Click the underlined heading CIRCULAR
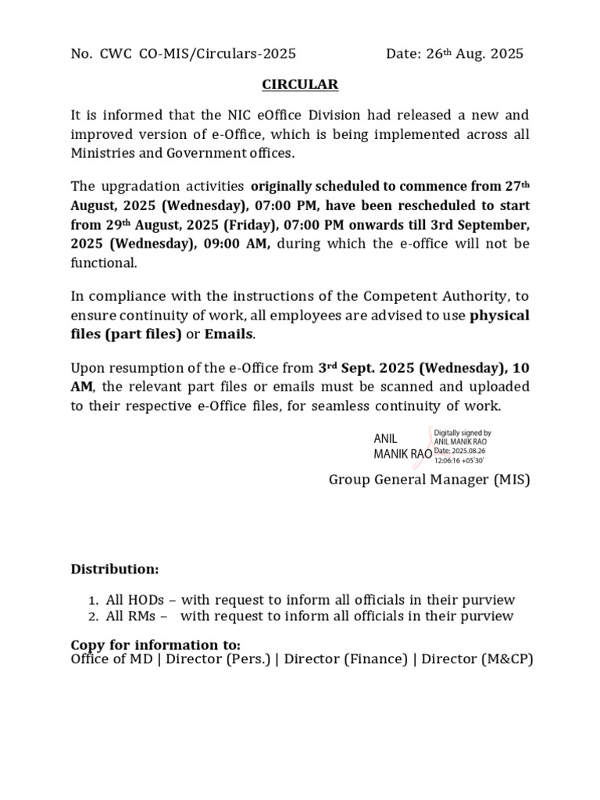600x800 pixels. click(300, 84)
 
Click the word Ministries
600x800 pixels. click(106, 153)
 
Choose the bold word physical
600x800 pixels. click(499, 316)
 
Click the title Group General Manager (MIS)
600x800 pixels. click(429, 480)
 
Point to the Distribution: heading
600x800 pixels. click(115, 569)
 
